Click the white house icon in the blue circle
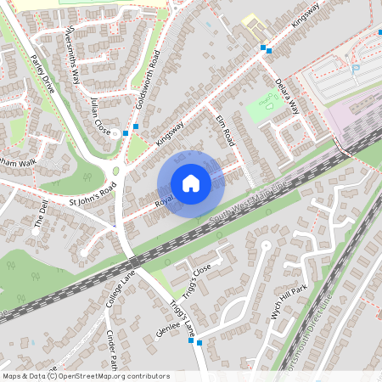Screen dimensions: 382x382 pos(190,183)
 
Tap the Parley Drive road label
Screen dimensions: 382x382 pos(42,75)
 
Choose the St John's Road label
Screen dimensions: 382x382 pos(93,196)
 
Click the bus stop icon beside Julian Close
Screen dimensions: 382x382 pos(126,132)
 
